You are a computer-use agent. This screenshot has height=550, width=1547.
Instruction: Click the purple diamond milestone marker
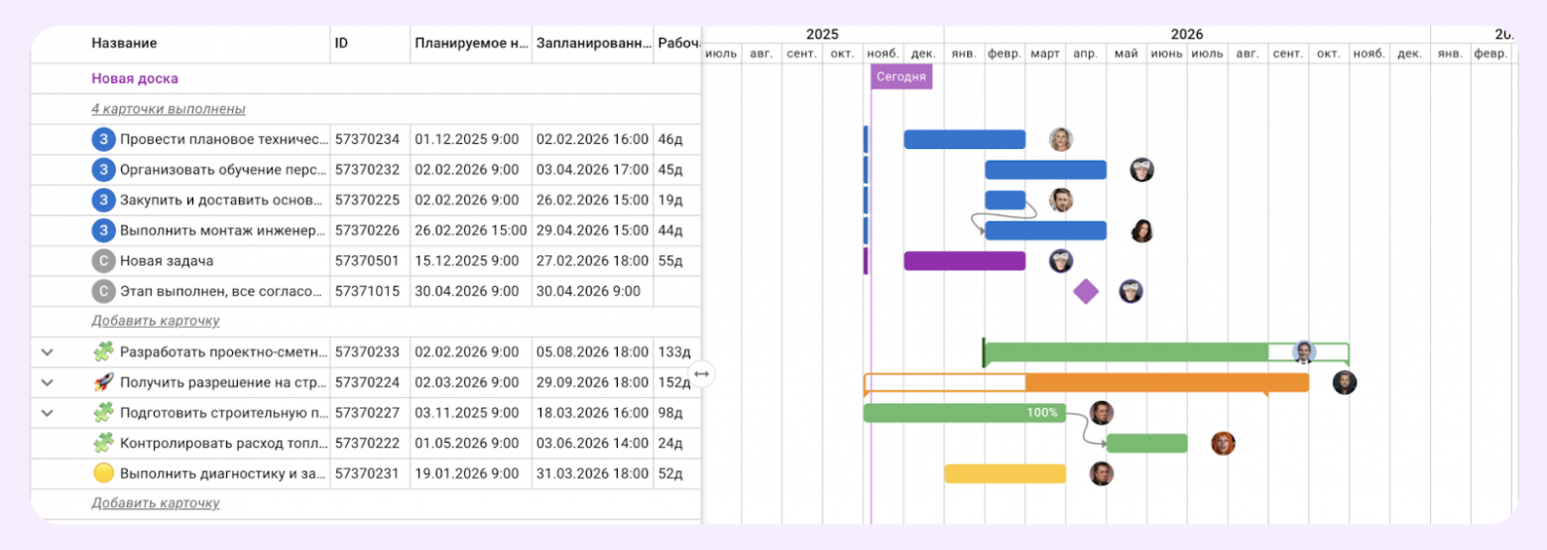pos(1086,292)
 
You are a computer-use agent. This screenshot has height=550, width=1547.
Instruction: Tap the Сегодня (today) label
pos(900,76)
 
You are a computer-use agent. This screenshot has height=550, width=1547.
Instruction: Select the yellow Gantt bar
pos(1005,474)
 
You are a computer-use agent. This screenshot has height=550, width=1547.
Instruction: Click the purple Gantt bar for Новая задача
pos(964,261)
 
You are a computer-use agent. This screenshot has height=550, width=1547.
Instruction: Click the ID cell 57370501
pos(367,261)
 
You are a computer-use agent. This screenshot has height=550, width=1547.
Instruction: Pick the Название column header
pos(124,44)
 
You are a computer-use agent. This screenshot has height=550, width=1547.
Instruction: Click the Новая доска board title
pos(135,78)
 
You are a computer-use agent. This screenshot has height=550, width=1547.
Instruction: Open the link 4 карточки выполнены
pos(169,109)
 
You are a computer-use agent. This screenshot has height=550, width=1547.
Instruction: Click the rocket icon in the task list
pos(103,382)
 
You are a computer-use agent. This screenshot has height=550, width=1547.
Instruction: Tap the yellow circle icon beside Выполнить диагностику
pos(103,474)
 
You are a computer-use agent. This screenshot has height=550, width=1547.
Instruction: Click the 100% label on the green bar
pos(1041,413)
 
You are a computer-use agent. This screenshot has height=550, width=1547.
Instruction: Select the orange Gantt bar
pos(1166,383)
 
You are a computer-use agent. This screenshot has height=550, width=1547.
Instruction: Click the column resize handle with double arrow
pos(702,373)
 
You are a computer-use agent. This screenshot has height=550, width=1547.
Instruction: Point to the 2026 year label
pos(1186,34)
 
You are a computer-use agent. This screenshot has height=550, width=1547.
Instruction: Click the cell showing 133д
pos(674,351)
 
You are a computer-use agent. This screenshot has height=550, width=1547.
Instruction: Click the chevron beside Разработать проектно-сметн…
pos(47,351)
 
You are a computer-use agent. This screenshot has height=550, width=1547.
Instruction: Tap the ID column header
pos(341,44)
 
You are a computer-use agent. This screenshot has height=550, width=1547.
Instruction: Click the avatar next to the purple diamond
pos(1130,292)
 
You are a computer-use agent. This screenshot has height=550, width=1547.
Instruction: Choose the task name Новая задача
pos(167,261)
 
